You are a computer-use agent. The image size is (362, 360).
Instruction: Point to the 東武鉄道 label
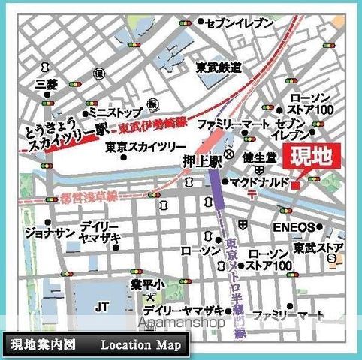[219, 67]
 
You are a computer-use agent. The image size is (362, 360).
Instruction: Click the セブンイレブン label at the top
[239, 24]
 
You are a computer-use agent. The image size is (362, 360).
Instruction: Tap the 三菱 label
[47, 85]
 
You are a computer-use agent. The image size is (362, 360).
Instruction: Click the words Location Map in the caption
[141, 346]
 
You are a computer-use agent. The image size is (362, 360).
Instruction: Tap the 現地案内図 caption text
[44, 346]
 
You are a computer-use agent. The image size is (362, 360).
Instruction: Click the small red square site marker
[297, 184]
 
